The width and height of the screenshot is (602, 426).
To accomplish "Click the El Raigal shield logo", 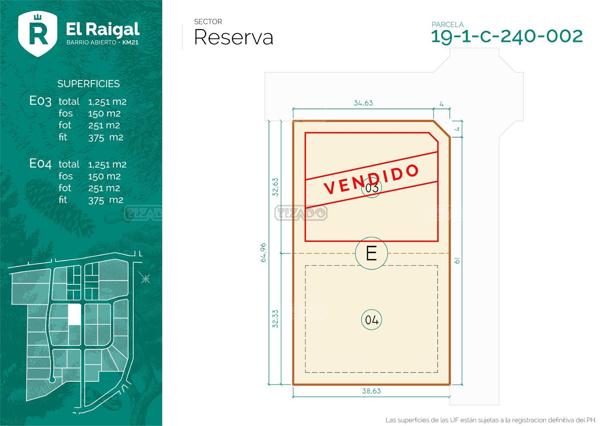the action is (x=37, y=34).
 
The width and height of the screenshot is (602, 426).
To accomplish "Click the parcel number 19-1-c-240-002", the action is (x=507, y=36).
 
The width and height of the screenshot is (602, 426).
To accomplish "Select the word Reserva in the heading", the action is (x=233, y=37).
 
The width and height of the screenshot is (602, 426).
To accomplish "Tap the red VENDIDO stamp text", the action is (x=371, y=179).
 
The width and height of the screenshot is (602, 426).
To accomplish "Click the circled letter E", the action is (x=371, y=253).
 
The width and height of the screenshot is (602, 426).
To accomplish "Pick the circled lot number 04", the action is (x=371, y=320).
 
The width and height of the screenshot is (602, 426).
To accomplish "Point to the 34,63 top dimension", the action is (x=363, y=103).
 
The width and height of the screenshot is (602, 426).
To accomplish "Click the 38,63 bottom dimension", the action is (x=371, y=391).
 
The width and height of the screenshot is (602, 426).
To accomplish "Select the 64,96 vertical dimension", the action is (x=263, y=252).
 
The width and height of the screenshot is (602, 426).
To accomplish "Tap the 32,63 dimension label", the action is (x=275, y=187).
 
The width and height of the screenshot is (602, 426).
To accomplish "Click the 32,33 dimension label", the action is (x=275, y=319).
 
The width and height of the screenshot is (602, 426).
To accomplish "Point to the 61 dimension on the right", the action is (x=457, y=261).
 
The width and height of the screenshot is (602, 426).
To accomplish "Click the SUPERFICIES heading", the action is (x=88, y=84).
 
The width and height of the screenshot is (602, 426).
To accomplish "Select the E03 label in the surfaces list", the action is (x=40, y=101).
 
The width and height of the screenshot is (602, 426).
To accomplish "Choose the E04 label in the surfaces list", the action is (x=40, y=164).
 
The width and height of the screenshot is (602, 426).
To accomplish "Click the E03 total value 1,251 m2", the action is (x=107, y=102).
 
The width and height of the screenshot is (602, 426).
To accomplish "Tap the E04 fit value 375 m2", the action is (x=106, y=200).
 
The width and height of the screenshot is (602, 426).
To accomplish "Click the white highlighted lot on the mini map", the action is (x=75, y=314).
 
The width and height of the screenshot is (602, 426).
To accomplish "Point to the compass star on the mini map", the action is (x=145, y=278).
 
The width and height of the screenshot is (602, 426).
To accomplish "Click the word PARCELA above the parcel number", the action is (x=447, y=24).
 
